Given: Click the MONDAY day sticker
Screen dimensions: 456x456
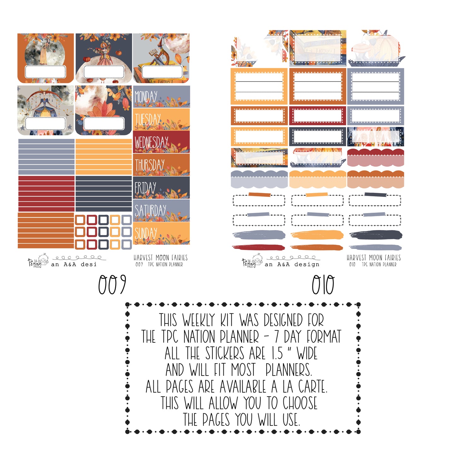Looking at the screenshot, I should point(161,97).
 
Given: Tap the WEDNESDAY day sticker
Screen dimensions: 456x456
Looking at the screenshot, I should point(161,142).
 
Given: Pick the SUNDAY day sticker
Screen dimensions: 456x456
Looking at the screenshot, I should point(161,233).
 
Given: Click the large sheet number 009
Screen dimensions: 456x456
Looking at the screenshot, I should point(112,284).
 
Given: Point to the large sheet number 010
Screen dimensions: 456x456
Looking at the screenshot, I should point(323,284).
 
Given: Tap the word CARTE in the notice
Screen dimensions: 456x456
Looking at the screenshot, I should point(312,386).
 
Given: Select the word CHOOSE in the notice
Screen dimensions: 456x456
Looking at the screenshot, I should point(300,403).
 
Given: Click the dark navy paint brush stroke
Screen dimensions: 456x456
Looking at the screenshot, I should point(376,235).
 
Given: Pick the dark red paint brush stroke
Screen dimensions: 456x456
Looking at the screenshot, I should point(258,247).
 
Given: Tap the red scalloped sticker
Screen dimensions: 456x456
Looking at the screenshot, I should point(376,157).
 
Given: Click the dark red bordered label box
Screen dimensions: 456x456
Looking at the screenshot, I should point(317,116).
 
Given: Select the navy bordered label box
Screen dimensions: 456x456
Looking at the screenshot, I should point(317,136).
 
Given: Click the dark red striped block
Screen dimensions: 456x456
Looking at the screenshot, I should point(46,193).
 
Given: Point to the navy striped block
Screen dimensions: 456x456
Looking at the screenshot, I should point(104,193).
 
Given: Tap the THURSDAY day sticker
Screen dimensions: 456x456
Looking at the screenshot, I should point(161,164).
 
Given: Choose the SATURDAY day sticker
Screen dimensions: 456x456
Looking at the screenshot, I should point(161,210).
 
